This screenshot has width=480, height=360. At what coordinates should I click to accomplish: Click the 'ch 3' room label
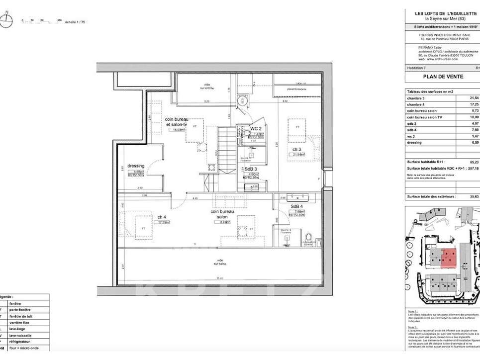coord(296,149)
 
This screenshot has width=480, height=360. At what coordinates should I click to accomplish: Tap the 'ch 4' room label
coord(162,217)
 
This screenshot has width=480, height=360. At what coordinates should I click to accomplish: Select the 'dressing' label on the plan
coord(135,166)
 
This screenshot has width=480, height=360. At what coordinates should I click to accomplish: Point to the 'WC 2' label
coord(256,128)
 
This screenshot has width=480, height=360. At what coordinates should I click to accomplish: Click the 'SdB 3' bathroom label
coord(251,169)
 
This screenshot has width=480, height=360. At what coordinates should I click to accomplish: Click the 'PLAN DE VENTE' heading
coord(443,77)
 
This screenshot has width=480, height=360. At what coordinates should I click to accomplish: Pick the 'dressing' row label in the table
coord(414,142)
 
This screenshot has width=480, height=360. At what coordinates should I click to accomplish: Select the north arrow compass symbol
coord(6,20)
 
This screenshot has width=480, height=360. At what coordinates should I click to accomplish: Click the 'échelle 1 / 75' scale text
coord(75,22)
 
